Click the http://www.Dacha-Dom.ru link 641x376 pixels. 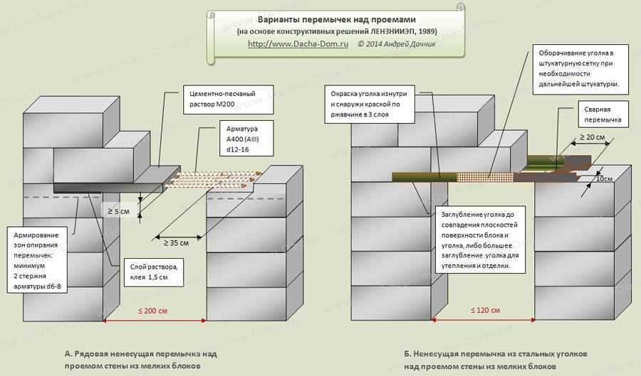pyautogui.click(x=298, y=44)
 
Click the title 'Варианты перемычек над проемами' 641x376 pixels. pyautogui.click(x=336, y=20)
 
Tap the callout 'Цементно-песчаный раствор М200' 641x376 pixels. pyautogui.click(x=228, y=99)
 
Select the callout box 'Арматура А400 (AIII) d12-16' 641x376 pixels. pyautogui.click(x=246, y=139)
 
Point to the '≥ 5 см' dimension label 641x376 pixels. pyautogui.click(x=118, y=211)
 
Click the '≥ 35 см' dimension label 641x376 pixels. pyautogui.click(x=176, y=242)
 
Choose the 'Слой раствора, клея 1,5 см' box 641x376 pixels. pyautogui.click(x=154, y=272)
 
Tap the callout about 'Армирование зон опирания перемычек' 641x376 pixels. pyautogui.click(x=37, y=260)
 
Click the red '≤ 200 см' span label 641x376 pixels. pyautogui.click(x=153, y=311)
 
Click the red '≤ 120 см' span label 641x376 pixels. pyautogui.click(x=485, y=311)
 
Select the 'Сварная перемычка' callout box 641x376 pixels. pyautogui.click(x=603, y=114)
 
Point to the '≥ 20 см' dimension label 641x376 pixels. pyautogui.click(x=592, y=137)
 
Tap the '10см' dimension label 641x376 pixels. pyautogui.click(x=604, y=178)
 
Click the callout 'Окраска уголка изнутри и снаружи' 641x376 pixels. pyautogui.click(x=370, y=104)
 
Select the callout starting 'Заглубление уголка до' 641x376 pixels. pyautogui.click(x=479, y=240)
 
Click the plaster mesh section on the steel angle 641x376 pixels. pyautogui.click(x=484, y=177)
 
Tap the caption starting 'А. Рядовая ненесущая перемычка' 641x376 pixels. pyautogui.click(x=140, y=360)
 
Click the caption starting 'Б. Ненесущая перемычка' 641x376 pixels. pyautogui.click(x=496, y=360)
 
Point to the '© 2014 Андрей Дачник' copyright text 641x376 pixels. pyautogui.click(x=397, y=44)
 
